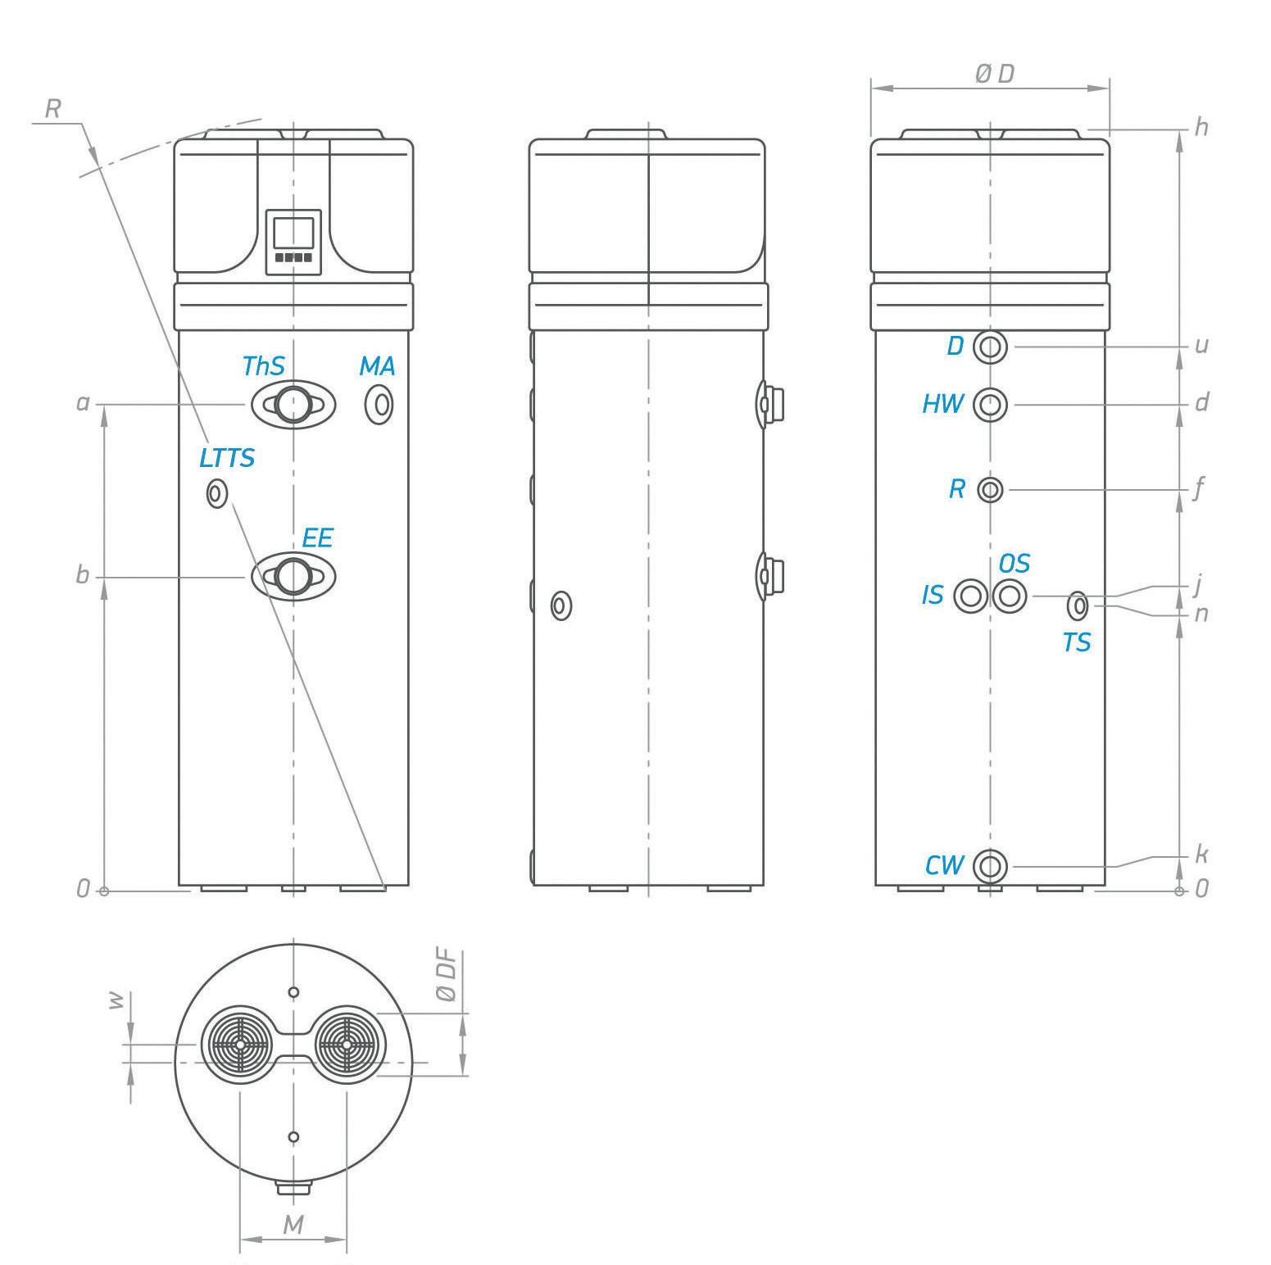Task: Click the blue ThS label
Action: coord(263,365)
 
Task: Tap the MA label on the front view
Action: coord(377,366)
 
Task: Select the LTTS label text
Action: coord(227,458)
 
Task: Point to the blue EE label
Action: coord(318,538)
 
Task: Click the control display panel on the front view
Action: coord(293,242)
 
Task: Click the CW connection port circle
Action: coord(991,865)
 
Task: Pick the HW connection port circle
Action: coord(991,404)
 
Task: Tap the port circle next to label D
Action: coord(991,347)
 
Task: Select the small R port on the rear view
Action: coord(991,490)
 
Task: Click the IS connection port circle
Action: coord(972,596)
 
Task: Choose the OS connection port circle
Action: coord(1010,596)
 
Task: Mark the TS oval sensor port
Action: coord(1079,606)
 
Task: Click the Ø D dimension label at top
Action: coord(994,74)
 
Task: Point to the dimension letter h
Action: coord(1201,127)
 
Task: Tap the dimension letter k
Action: coord(1201,855)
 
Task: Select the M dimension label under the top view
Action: coord(293,1225)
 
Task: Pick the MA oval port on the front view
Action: coord(379,404)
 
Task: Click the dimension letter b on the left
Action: coord(82,575)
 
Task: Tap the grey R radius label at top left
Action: coord(52,109)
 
